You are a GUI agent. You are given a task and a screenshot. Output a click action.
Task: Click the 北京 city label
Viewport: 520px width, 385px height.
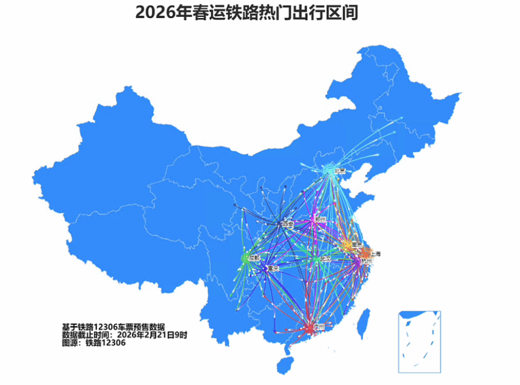click(x=339, y=171)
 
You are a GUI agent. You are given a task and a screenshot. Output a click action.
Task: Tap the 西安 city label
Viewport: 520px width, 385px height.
click(x=287, y=224)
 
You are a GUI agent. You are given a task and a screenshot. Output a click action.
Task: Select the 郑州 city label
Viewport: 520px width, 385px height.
click(x=320, y=220)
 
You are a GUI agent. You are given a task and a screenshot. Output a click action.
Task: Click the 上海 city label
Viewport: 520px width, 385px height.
click(x=374, y=254)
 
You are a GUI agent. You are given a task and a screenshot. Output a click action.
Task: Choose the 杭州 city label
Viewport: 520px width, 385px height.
click(x=366, y=262)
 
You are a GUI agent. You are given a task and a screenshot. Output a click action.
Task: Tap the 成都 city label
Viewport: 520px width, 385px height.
click(x=254, y=257)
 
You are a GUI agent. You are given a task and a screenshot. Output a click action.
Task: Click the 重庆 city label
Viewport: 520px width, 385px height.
click(x=273, y=269)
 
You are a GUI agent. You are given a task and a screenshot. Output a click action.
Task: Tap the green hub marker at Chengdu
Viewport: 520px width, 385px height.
click(x=245, y=257)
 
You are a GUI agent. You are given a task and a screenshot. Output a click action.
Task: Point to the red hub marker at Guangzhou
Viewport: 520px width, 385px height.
click(x=308, y=328)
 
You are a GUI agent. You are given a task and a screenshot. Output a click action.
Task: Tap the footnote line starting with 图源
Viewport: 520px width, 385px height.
click(x=94, y=343)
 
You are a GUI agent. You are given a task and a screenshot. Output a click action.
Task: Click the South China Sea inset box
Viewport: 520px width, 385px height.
click(x=420, y=342)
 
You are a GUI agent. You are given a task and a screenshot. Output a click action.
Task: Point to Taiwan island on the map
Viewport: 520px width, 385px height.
click(x=363, y=323)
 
